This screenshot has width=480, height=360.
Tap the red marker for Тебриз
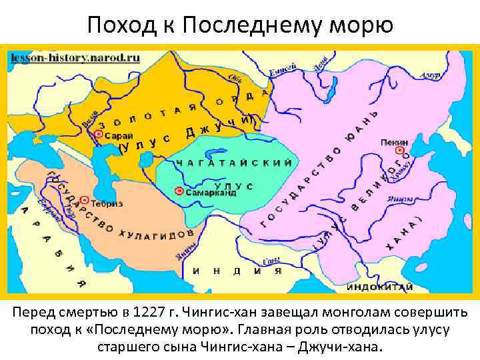(x=85, y=199)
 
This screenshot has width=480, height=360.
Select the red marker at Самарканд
(x=178, y=191)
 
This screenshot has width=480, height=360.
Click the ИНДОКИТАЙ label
(x=379, y=287)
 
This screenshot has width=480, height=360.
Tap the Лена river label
(x=321, y=64)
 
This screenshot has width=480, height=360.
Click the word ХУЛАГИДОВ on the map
(x=157, y=234)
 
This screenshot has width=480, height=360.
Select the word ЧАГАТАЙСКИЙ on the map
(x=234, y=163)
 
